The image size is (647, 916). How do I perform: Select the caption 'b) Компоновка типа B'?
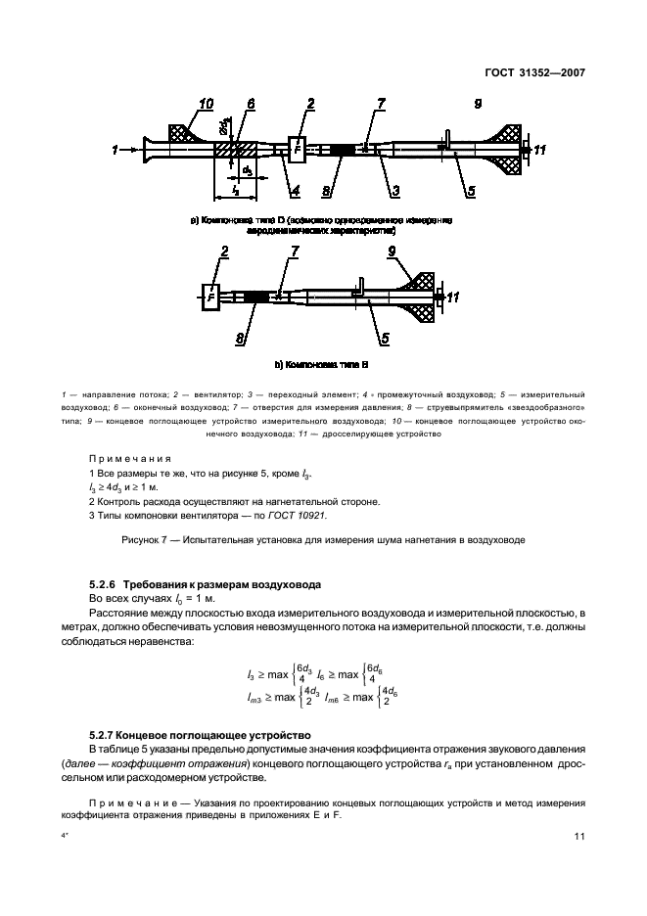[322, 364]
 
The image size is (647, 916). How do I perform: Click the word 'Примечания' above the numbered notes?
[130, 457]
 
